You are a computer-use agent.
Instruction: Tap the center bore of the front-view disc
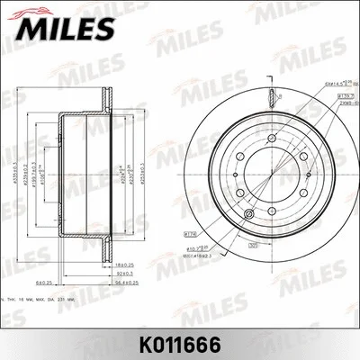[x=269, y=169]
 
